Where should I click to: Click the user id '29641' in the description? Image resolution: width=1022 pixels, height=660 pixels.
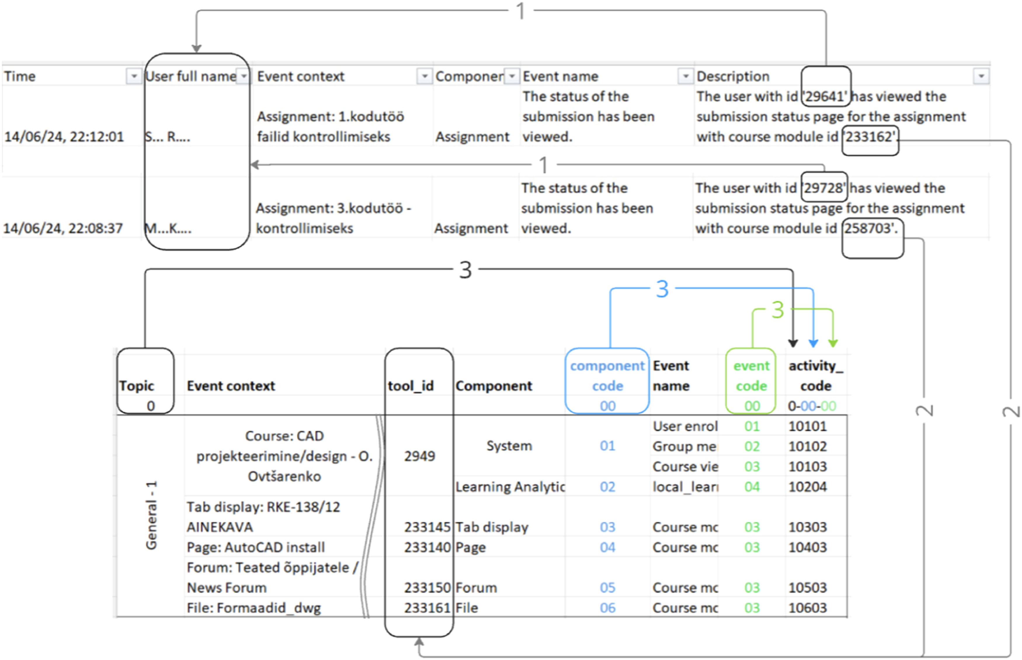click(x=825, y=96)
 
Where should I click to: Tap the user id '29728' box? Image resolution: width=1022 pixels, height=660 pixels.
click(x=824, y=188)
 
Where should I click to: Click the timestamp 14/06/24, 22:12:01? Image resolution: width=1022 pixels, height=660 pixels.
click(x=64, y=137)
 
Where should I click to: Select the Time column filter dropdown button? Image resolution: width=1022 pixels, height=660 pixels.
click(x=134, y=76)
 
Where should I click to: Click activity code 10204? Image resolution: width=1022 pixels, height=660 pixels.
click(x=807, y=487)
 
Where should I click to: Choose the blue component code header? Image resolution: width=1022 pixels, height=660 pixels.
click(x=607, y=376)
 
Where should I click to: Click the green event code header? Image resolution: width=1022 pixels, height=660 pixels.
click(x=751, y=376)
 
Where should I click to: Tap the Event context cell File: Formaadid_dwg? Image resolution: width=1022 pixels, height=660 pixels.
click(x=254, y=608)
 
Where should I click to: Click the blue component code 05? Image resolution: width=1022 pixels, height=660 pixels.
click(x=607, y=588)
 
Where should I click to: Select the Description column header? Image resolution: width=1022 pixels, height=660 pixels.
click(x=733, y=76)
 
